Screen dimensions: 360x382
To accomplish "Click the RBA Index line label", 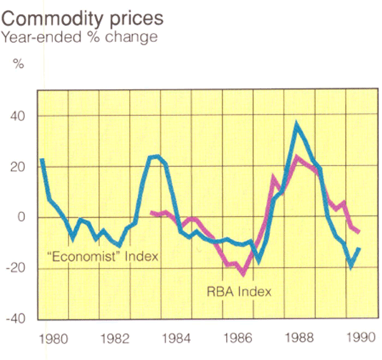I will pyautogui.click(x=239, y=292).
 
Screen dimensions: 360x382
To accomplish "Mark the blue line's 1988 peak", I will pyautogui.click(x=296, y=124).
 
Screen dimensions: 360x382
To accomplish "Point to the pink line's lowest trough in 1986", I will pyautogui.click(x=243, y=275).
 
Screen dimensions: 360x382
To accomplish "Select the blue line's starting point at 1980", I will pyautogui.click(x=41, y=159).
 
